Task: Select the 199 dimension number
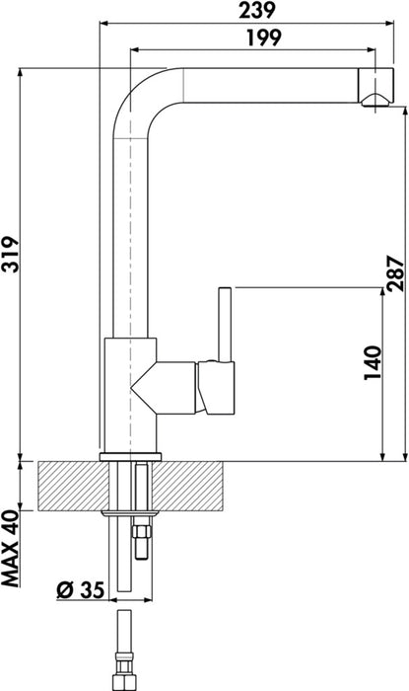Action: click(259, 38)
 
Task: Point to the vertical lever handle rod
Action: click(224, 321)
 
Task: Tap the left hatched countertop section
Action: click(69, 486)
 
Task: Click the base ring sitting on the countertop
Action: click(130, 455)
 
